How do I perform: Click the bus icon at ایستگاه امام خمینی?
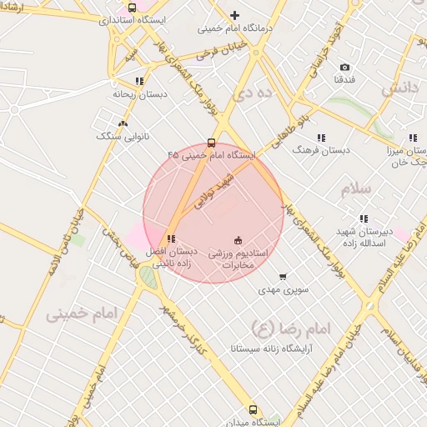click(x=211, y=143)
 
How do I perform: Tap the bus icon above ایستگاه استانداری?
click(x=133, y=8)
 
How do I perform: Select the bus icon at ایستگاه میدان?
click(x=254, y=409)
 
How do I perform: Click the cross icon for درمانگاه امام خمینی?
click(x=234, y=15)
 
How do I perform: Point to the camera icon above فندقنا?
click(x=345, y=68)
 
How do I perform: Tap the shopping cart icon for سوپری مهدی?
click(x=283, y=277)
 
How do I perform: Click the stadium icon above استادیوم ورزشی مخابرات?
click(x=238, y=239)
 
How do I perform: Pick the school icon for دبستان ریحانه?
click(x=138, y=82)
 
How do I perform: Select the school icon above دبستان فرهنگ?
click(x=321, y=138)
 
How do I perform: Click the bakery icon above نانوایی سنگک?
click(x=123, y=123)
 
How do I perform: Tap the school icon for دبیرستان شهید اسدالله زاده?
click(x=363, y=219)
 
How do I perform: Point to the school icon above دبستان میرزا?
click(x=413, y=138)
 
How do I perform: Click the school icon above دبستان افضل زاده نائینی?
click(x=171, y=239)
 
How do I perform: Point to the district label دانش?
click(x=399, y=88)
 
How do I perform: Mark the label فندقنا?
click(x=345, y=80)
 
